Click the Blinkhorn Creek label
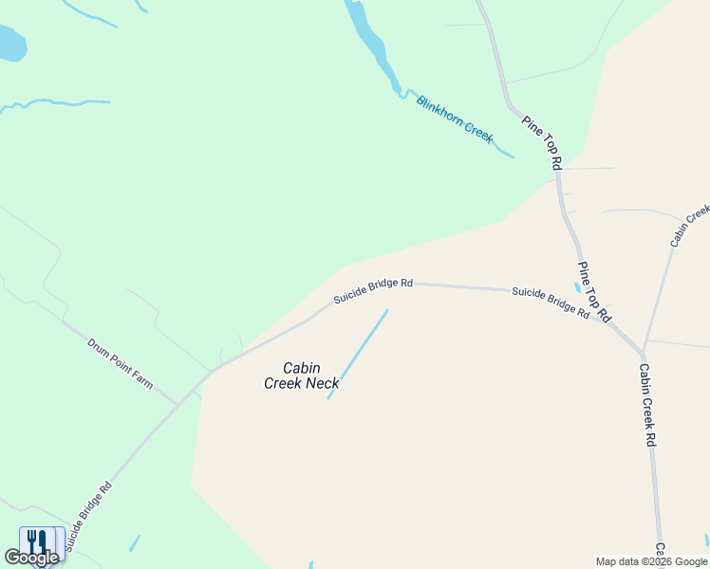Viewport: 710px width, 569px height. point(455,119)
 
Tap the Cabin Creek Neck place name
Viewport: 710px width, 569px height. point(291,376)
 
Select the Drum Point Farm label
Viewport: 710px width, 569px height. point(120,364)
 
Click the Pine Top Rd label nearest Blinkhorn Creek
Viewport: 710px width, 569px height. point(542,143)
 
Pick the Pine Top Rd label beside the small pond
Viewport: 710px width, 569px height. point(595,292)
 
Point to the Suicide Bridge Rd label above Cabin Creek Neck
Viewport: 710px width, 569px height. point(373,291)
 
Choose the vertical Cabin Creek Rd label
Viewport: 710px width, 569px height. point(647,405)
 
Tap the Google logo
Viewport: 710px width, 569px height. point(31,558)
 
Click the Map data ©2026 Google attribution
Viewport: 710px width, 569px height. point(652,561)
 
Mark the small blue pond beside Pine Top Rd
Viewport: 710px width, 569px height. point(577,286)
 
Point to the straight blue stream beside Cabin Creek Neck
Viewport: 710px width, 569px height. point(358,354)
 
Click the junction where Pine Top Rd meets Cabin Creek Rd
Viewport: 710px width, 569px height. point(642,353)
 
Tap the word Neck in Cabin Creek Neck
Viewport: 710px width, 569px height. point(320,383)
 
